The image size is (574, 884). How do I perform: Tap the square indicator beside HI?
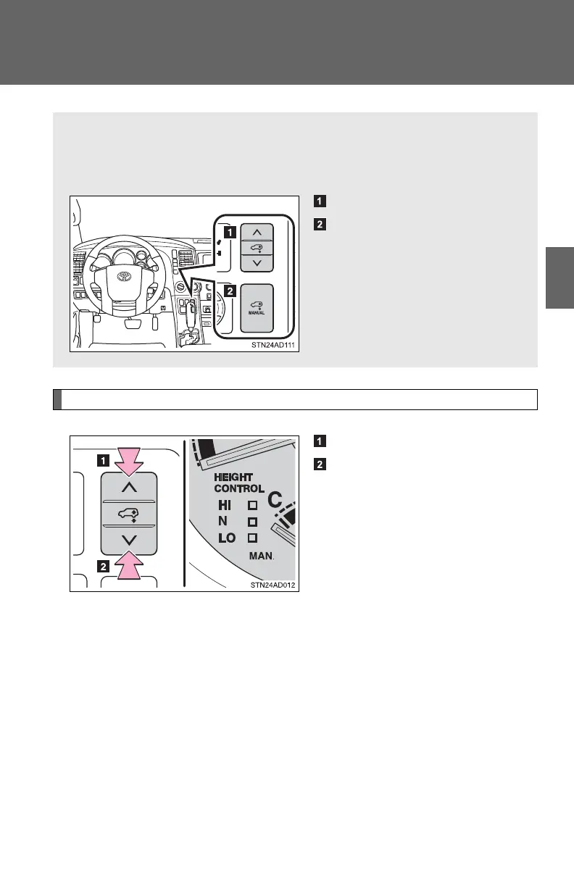pyautogui.click(x=252, y=505)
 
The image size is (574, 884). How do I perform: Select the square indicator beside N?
pyautogui.click(x=252, y=522)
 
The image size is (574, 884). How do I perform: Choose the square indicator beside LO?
pyautogui.click(x=252, y=538)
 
